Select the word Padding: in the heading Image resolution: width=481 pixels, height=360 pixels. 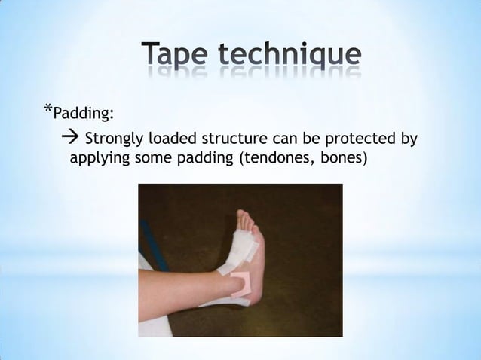(84, 114)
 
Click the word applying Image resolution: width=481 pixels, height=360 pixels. (97, 160)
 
